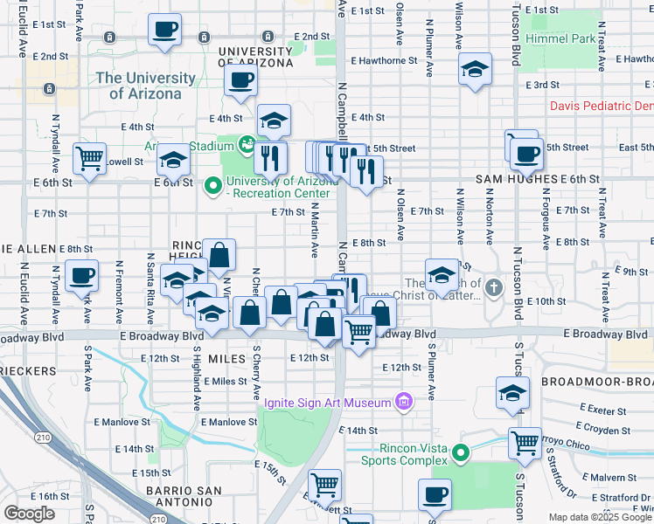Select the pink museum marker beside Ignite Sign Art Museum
[x=403, y=402]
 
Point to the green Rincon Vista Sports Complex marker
[x=464, y=452]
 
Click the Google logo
[x=30, y=514]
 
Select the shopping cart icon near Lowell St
[x=89, y=159]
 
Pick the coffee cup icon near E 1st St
[x=164, y=31]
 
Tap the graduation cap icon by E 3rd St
[x=475, y=69]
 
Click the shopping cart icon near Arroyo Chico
[x=525, y=443]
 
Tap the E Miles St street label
[x=226, y=381]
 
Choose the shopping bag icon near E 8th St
[x=219, y=256]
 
